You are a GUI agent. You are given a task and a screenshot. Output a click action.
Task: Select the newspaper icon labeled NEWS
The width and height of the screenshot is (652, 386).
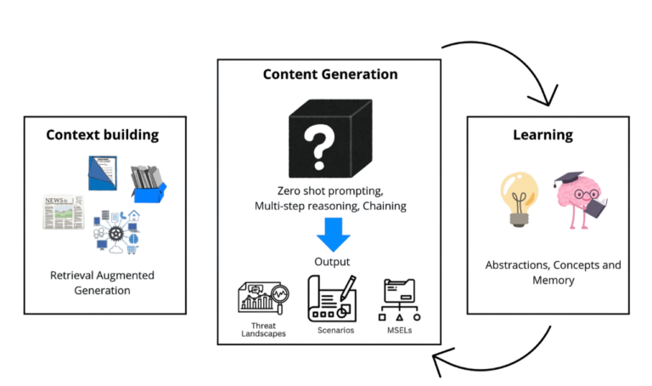click(x=64, y=211)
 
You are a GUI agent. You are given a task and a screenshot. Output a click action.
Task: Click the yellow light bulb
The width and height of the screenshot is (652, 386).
click(x=518, y=198)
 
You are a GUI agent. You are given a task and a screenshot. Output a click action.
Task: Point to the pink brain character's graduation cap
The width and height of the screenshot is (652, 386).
click(x=568, y=179)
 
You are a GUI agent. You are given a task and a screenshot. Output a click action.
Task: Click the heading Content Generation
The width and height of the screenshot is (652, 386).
click(x=330, y=74)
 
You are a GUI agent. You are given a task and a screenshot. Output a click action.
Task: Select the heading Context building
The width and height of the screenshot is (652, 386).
click(x=103, y=133)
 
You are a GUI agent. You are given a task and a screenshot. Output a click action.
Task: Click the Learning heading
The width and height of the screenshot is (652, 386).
click(x=542, y=134)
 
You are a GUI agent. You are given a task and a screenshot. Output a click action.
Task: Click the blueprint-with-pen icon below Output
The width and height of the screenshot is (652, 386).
click(x=332, y=298)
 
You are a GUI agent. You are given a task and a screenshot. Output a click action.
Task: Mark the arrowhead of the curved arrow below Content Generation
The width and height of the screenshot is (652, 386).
click(x=440, y=364)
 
